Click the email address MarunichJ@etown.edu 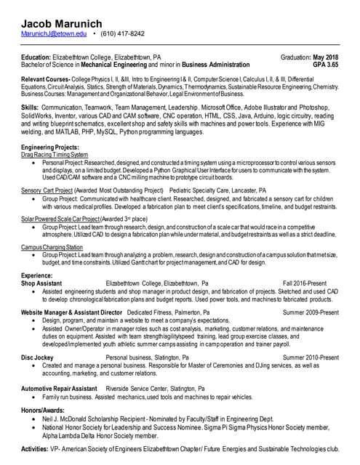(54, 33)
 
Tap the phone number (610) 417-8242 (122, 33)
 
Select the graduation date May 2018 (325, 57)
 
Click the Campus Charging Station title (52, 247)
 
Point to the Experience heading (36, 275)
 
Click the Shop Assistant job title (47, 283)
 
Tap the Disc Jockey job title (37, 357)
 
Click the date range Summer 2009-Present (311, 312)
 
